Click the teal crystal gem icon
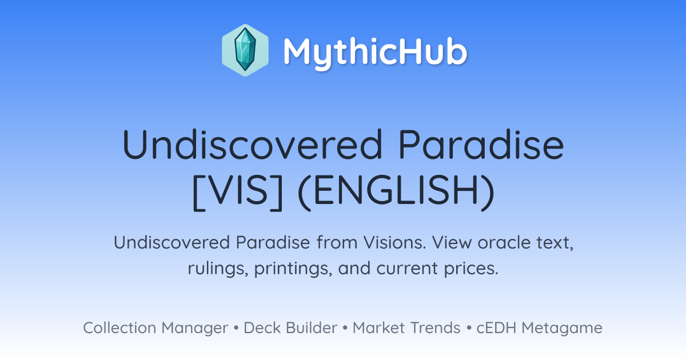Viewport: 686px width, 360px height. (x=245, y=50)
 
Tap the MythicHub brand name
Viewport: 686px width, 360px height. (x=375, y=51)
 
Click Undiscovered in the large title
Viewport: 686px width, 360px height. (x=252, y=145)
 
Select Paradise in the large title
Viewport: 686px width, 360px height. (x=481, y=145)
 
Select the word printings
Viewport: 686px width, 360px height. (x=293, y=269)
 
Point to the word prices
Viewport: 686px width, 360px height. (x=471, y=269)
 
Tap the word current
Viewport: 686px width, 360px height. (x=407, y=269)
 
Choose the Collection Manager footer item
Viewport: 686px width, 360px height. (x=155, y=328)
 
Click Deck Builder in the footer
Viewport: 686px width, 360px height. (x=290, y=327)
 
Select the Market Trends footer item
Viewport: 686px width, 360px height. (x=406, y=327)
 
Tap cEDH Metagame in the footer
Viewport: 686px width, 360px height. (x=539, y=328)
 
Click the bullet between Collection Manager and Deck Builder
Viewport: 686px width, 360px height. (x=236, y=328)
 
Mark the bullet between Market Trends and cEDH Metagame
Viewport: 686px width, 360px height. (x=469, y=328)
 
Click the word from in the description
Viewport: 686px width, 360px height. (x=337, y=242)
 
